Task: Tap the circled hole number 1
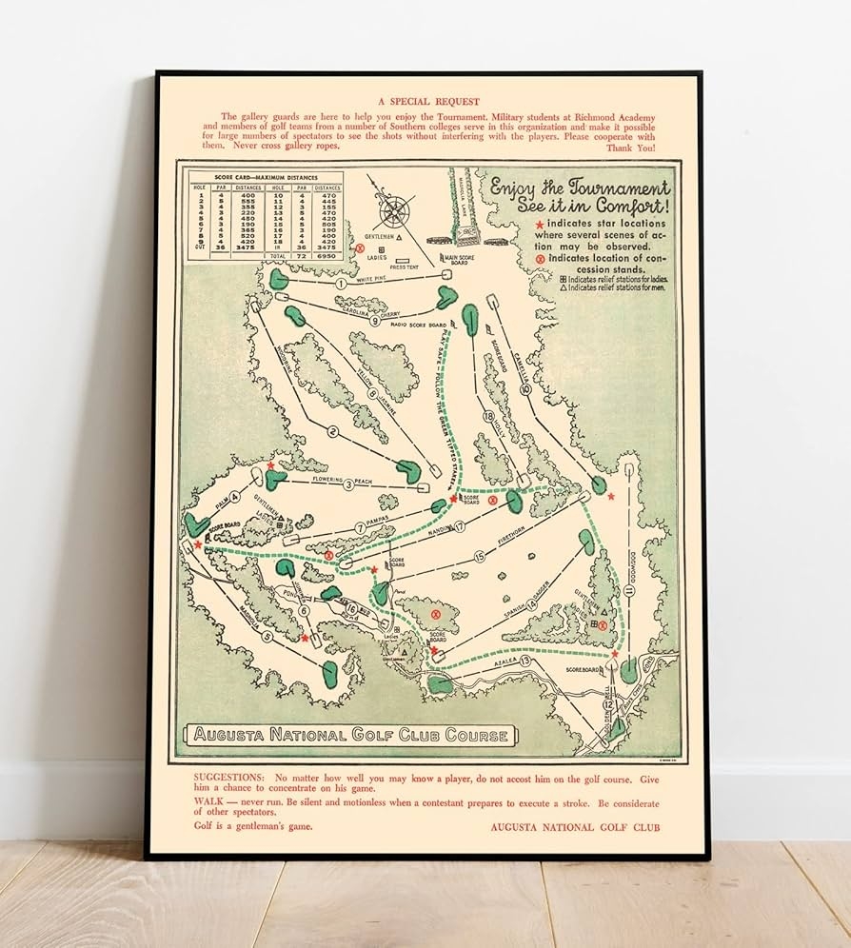tap(340, 284)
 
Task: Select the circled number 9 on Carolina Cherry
tap(375, 322)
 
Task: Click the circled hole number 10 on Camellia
tap(525, 388)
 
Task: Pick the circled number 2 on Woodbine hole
tap(332, 431)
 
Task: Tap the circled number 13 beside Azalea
tap(524, 661)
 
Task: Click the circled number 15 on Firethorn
tap(480, 556)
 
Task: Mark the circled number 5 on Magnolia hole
tap(267, 637)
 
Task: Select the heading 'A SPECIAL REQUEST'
tap(427, 101)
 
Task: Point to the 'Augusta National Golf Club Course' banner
tap(351, 735)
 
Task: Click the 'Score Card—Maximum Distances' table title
tap(264, 178)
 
